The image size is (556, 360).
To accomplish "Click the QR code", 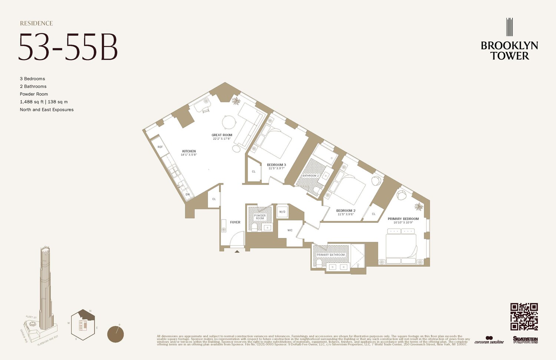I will pos(524,316).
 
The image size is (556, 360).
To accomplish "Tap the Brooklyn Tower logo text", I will pos(509,50).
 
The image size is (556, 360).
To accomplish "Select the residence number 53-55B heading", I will pos(68,47).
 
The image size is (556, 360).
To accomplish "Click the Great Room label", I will pos(222,135).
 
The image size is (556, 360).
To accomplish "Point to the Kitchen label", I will pos(189,151).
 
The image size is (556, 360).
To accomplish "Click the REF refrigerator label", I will pos(160,147).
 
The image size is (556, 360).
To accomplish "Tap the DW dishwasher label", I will pos(188,194).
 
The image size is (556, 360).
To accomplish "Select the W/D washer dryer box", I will pos(282,212).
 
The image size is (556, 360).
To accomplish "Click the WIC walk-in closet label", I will pos(290,230).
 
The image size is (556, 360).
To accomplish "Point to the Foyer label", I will pos(235,222).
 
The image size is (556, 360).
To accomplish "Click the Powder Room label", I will pos(260,217).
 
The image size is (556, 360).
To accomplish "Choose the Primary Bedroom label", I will pos(403,219).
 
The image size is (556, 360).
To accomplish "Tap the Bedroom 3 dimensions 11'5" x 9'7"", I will pos(277,168).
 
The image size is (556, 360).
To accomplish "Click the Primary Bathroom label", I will pos(331,255).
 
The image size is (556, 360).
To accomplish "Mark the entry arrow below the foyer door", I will pos(237,251).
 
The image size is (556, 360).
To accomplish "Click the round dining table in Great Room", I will pos(229,122).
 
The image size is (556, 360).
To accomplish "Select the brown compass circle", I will pos(115,334).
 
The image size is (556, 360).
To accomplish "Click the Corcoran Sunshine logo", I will pos(489,340).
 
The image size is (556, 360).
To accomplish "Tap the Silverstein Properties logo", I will pos(525,340).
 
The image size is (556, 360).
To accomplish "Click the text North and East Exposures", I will pos(47,109).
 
